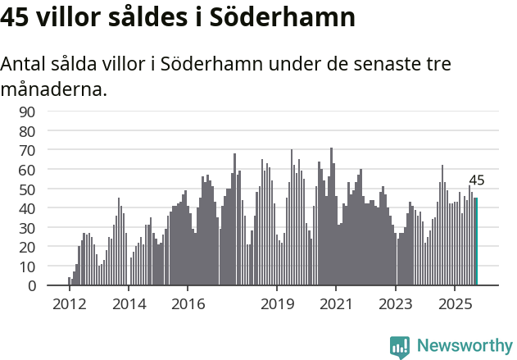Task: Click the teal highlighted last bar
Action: pyautogui.click(x=476, y=242)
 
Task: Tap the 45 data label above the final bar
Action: pyautogui.click(x=476, y=180)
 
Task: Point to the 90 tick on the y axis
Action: pyautogui.click(x=50, y=112)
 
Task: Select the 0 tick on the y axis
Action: pyautogui.click(x=54, y=285)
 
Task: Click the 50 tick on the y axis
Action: pyautogui.click(x=50, y=189)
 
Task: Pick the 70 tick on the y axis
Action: pyautogui.click(x=50, y=150)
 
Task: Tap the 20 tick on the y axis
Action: pyautogui.click(x=50, y=247)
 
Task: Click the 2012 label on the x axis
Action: pyautogui.click(x=70, y=303)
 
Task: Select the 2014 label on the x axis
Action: pyautogui.click(x=129, y=303)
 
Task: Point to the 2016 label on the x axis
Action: pyautogui.click(x=188, y=303)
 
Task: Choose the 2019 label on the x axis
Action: pyautogui.click(x=277, y=303)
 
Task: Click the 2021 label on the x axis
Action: pyautogui.click(x=336, y=303)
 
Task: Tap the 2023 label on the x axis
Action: pyautogui.click(x=396, y=303)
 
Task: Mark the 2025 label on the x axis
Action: pyautogui.click(x=455, y=303)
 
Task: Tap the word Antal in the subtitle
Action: pyautogui.click(x=25, y=64)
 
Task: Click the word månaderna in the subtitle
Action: pyautogui.click(x=54, y=89)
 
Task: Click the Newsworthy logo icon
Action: pyautogui.click(x=400, y=346)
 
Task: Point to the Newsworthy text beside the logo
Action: pyautogui.click(x=464, y=346)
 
